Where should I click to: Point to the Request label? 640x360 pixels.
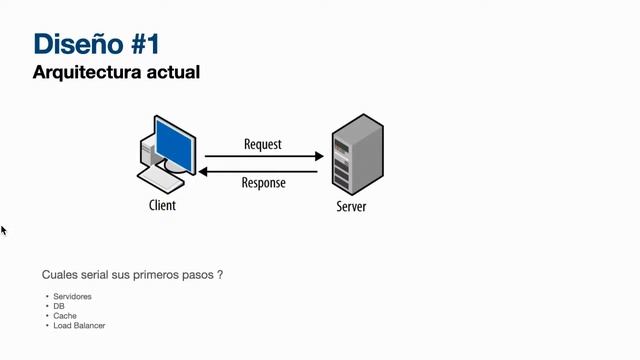263,144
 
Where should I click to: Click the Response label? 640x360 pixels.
263,183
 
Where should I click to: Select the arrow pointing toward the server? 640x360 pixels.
264,157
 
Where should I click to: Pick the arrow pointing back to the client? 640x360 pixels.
260,171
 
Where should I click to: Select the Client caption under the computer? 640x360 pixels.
161,205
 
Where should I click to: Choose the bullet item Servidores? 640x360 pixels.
72,297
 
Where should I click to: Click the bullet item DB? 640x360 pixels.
58,306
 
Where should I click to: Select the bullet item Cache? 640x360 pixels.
64,316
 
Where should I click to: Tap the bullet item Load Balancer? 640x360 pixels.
79,325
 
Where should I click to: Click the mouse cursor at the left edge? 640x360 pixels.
3,229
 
